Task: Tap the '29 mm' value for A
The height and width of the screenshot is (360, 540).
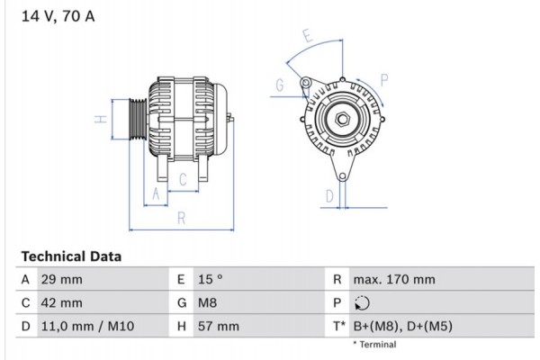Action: pyautogui.click(x=63, y=280)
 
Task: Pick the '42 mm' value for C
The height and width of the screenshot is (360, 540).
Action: pyautogui.click(x=63, y=303)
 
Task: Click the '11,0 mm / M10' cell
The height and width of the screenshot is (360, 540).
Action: pyautogui.click(x=88, y=327)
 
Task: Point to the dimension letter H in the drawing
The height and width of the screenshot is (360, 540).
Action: pyautogui.click(x=102, y=119)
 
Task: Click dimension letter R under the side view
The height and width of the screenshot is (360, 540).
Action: pyautogui.click(x=181, y=217)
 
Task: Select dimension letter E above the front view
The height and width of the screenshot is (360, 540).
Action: pyautogui.click(x=307, y=37)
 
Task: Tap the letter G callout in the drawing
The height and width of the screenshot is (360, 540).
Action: pyautogui.click(x=280, y=85)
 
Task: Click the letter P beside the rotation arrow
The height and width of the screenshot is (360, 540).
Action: pyautogui.click(x=384, y=80)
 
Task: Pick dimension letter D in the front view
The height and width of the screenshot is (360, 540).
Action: pyautogui.click(x=330, y=194)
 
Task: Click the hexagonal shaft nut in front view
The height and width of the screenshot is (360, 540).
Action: pyautogui.click(x=343, y=120)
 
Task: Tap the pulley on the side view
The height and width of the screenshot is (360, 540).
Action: pyautogui.click(x=135, y=119)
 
